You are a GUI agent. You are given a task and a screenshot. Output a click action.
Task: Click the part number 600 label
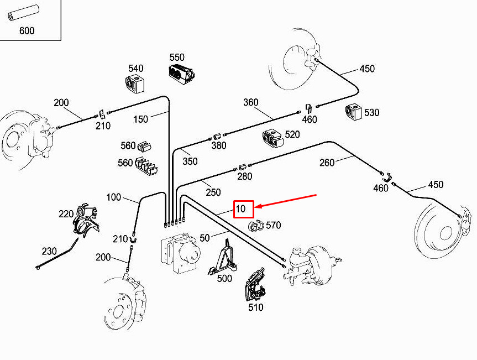point(27,30)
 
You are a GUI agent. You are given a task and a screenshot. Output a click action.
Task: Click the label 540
point(135,69)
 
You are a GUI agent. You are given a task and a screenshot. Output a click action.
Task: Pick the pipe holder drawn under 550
point(181,74)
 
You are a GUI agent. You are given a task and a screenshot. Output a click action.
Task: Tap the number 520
point(292,134)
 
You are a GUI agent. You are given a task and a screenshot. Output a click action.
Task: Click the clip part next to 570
point(256,226)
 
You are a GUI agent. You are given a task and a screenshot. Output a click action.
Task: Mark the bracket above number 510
point(254,285)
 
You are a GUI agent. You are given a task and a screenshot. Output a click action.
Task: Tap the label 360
point(250,102)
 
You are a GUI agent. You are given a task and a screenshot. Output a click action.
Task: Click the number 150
point(141,119)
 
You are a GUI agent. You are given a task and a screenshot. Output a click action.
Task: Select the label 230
point(49,250)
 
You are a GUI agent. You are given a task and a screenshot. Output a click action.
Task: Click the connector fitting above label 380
point(217,135)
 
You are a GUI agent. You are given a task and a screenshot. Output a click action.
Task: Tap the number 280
point(244,176)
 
